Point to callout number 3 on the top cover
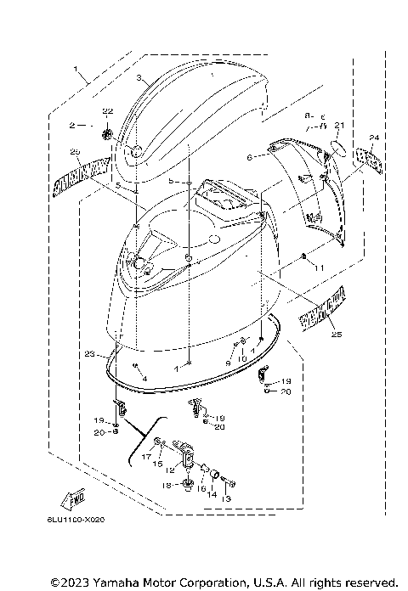pyautogui.click(x=138, y=77)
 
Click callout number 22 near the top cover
pyautogui.click(x=108, y=112)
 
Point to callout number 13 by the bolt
pyautogui.click(x=227, y=499)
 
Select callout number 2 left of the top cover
pyautogui.click(x=73, y=125)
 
